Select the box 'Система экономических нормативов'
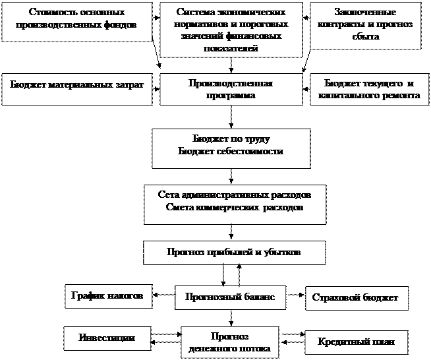[231, 29]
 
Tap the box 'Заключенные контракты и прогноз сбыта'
[365, 26]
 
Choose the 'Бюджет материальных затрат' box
[77, 86]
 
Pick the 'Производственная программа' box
[231, 89]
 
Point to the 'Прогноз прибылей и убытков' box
[233, 252]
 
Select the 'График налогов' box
[107, 296]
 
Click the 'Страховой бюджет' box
[357, 298]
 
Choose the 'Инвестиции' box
[107, 338]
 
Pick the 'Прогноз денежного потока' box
[229, 342]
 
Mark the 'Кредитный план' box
[357, 342]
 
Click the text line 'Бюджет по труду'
[231, 140]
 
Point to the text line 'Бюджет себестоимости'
[231, 152]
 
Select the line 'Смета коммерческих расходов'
[235, 208]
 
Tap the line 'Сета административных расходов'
[235, 196]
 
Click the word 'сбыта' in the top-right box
[365, 38]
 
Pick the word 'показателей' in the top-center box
[231, 49]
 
